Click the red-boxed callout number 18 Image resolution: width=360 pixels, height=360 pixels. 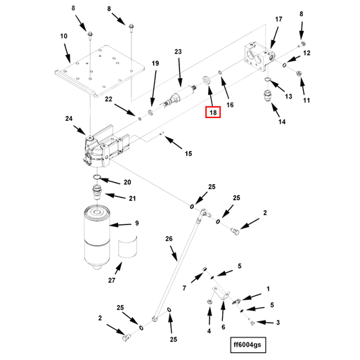coord(213,112)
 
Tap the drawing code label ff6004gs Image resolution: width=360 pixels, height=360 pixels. coord(247,345)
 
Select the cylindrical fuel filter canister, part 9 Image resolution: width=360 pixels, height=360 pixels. coord(97,237)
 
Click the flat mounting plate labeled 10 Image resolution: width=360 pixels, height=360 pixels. coord(100,71)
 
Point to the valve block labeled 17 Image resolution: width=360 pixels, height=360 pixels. coord(259,57)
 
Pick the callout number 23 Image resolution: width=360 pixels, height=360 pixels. coord(178,51)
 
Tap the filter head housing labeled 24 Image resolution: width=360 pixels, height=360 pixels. coord(103,148)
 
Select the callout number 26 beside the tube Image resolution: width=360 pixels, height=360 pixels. coord(169,239)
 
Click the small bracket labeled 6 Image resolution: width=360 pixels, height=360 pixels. coord(221,293)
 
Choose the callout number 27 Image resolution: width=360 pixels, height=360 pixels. coord(112,280)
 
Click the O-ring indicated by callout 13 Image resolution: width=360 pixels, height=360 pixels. coord(267,80)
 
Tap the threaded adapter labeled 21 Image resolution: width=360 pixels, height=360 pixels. coord(97,192)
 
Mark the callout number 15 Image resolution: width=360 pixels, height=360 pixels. coord(188,154)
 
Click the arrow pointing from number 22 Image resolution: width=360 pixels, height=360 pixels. coord(124,110)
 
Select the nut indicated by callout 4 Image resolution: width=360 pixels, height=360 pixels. coord(209,302)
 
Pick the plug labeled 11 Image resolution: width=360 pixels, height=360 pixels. coord(299,74)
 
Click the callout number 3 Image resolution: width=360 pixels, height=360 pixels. coord(278,323)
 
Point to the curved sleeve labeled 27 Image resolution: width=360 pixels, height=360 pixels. coord(127,247)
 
